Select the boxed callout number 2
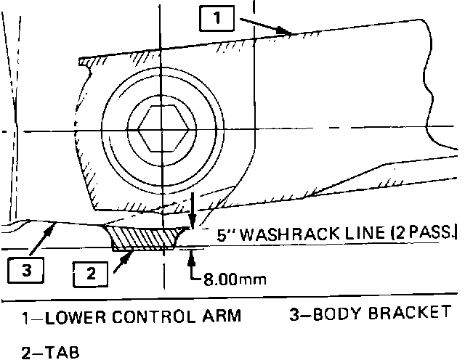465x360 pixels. pos(92,274)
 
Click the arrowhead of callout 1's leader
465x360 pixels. pos(288,32)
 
